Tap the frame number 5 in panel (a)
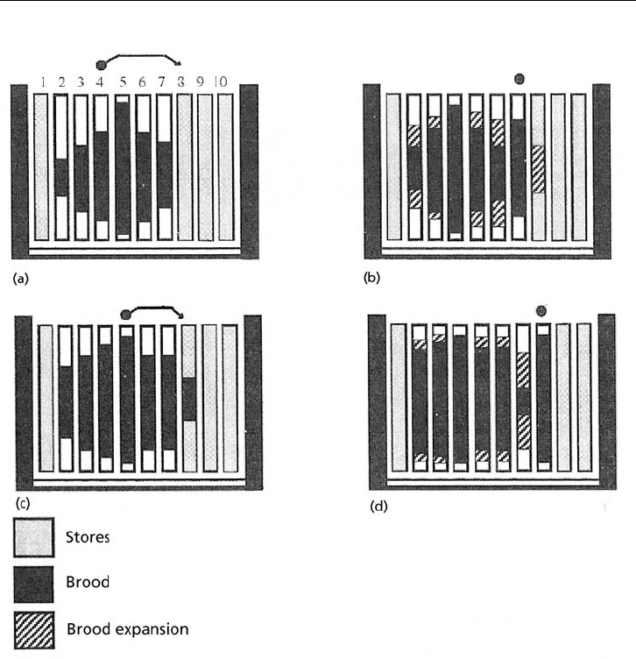coord(124,82)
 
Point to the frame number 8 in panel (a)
coord(182,82)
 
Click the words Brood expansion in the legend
coord(127,629)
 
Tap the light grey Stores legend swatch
coord(34,537)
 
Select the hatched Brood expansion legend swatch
coord(34,629)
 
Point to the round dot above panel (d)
coord(542,309)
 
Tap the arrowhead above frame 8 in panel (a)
coord(179,63)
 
